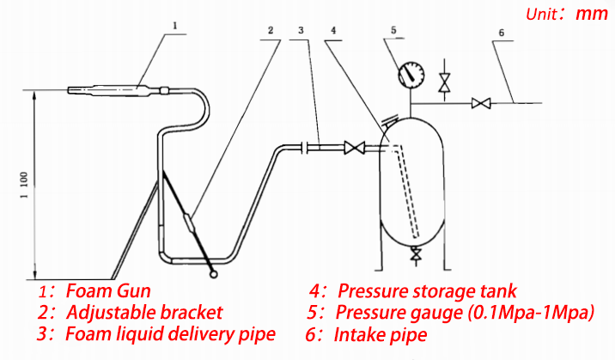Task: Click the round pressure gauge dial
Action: pyautogui.click(x=411, y=75)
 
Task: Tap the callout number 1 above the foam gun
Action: pyautogui.click(x=174, y=27)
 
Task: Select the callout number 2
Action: pyautogui.click(x=271, y=31)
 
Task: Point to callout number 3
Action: pyautogui.click(x=301, y=31)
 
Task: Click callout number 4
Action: pyautogui.click(x=332, y=31)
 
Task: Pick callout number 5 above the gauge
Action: pyautogui.click(x=393, y=31)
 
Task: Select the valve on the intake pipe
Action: pyautogui.click(x=481, y=104)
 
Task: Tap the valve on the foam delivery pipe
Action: pyautogui.click(x=351, y=148)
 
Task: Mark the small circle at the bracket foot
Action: pyautogui.click(x=213, y=274)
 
